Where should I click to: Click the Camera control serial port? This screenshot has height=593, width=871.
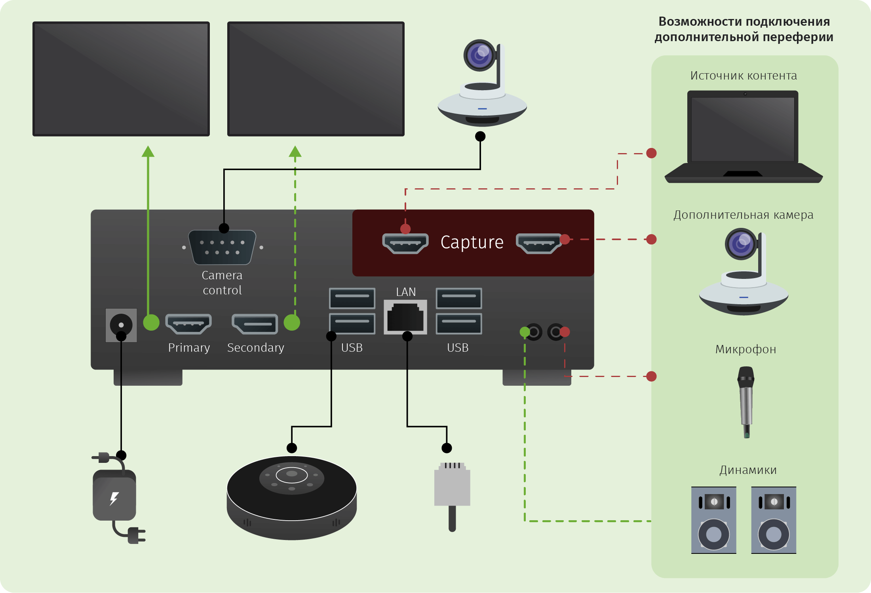(222, 247)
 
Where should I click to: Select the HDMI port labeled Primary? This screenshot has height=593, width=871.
(188, 324)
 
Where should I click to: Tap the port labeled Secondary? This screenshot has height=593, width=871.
(255, 324)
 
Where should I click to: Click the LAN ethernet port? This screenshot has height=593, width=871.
(405, 317)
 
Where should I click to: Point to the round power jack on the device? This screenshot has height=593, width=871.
(121, 325)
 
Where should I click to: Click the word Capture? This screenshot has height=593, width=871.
(472, 242)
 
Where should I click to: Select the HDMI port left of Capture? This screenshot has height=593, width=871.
(405, 243)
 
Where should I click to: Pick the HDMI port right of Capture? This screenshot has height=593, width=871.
(538, 243)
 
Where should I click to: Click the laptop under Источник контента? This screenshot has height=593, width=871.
(743, 136)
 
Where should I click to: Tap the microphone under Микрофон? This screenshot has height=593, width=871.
(746, 402)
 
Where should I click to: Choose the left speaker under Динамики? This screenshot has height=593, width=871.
(714, 520)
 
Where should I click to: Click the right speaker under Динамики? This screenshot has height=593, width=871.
(774, 520)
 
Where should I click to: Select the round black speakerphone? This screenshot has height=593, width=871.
(292, 496)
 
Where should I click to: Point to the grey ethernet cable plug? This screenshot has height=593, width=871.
(452, 487)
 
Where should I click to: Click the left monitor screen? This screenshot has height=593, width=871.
(121, 79)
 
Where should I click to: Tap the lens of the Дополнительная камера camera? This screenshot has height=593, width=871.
(740, 244)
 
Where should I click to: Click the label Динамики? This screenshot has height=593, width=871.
(748, 470)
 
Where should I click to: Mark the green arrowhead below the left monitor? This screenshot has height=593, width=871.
(148, 152)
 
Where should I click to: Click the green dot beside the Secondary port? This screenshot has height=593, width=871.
(292, 322)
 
